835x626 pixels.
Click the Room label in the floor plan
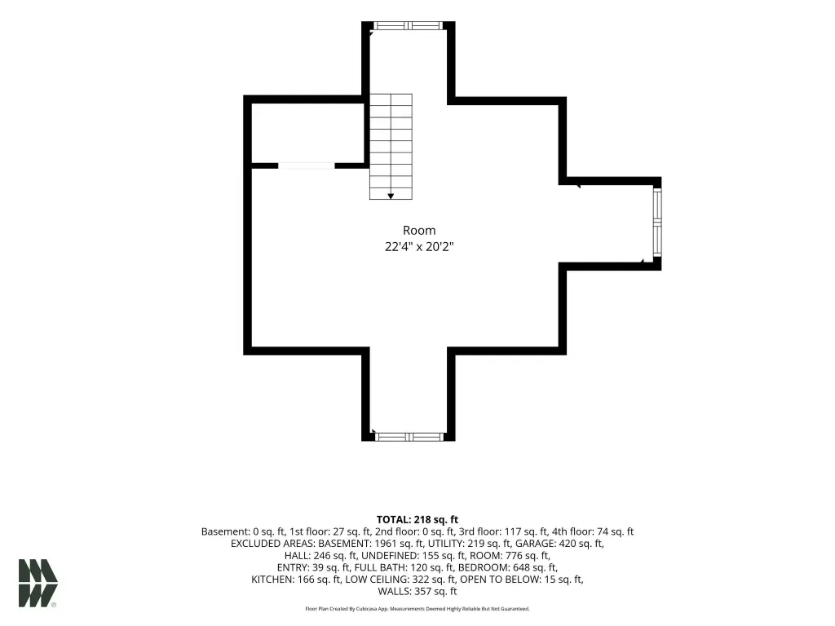click(x=419, y=231)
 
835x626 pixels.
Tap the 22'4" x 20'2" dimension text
click(x=419, y=247)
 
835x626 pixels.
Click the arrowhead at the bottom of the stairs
click(x=391, y=196)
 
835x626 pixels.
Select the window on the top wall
click(x=408, y=25)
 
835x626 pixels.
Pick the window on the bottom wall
click(x=409, y=437)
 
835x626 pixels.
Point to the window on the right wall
click(x=657, y=223)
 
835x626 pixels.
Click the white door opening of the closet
click(x=307, y=165)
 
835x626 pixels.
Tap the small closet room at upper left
click(x=307, y=133)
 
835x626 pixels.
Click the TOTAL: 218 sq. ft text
click(x=417, y=519)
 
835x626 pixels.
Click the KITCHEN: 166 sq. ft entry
click(x=295, y=580)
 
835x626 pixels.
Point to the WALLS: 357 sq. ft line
click(x=417, y=592)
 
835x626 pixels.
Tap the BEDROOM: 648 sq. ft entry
click(x=508, y=567)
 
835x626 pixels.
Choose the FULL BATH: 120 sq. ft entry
click(x=403, y=567)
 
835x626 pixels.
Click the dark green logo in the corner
click(x=38, y=583)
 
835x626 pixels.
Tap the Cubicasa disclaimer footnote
click(x=417, y=608)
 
